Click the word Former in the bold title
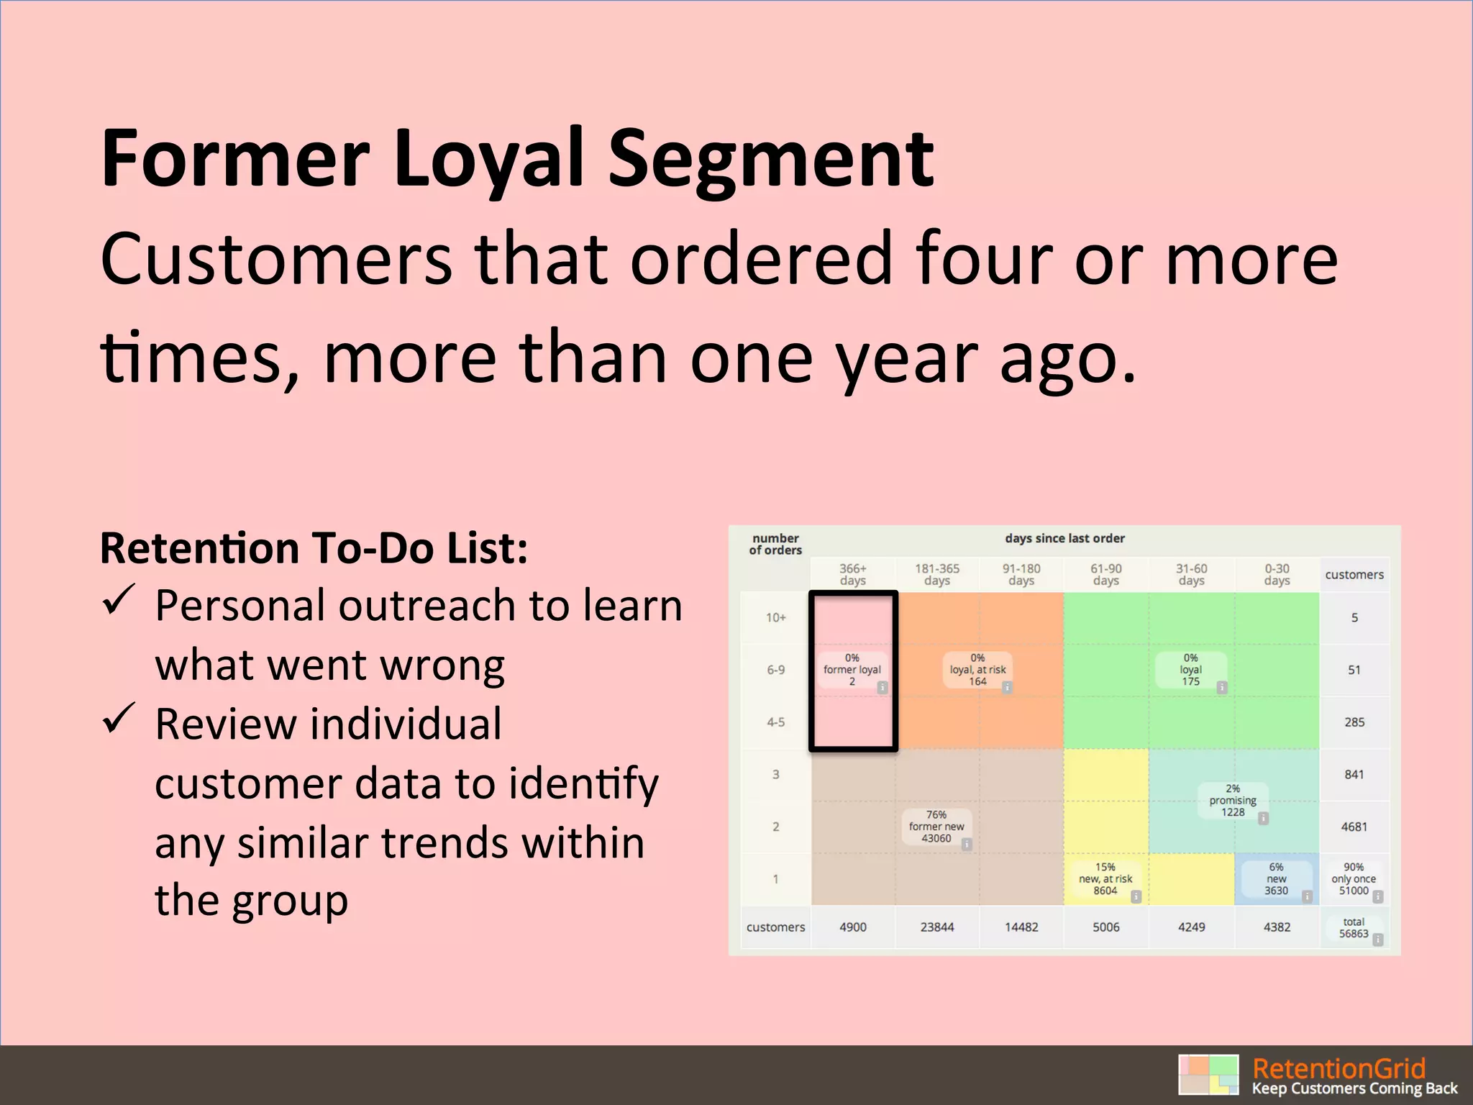(x=236, y=158)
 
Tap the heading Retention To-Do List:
(x=314, y=548)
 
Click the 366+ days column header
(x=852, y=574)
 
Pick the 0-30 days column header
(x=1277, y=574)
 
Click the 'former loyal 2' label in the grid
(x=852, y=670)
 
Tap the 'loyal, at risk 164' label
(x=977, y=670)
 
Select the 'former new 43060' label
(x=936, y=827)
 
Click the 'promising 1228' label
(x=1233, y=801)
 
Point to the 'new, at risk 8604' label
(x=1105, y=879)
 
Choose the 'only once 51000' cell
(x=1354, y=879)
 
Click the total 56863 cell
(x=1354, y=928)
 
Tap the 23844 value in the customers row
(x=936, y=927)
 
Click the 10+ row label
(x=775, y=617)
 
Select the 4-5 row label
(x=775, y=722)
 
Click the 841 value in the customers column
(x=1354, y=775)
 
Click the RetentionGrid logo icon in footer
(x=1208, y=1075)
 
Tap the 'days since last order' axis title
(x=1064, y=538)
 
